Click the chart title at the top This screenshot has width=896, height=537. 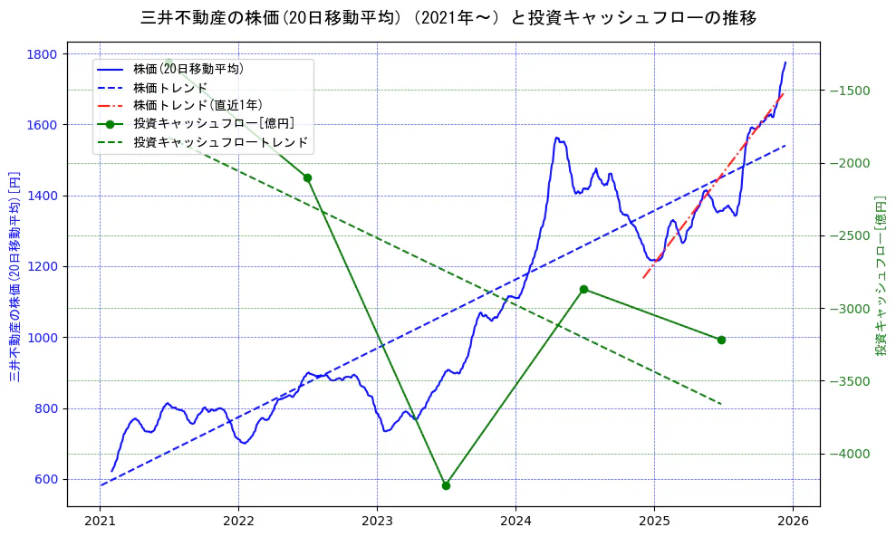tap(448, 17)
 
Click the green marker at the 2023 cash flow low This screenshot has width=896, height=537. tap(446, 485)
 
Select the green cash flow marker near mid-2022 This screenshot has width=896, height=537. tap(307, 177)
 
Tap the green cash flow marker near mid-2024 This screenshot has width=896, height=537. tap(583, 289)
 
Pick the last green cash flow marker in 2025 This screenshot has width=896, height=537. tap(721, 340)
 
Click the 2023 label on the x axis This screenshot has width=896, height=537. tap(377, 522)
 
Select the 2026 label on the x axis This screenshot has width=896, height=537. tap(793, 522)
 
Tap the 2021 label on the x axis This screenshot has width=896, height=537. tap(101, 522)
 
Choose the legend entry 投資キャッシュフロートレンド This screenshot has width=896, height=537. tap(220, 142)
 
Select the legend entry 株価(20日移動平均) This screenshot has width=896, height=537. tap(188, 68)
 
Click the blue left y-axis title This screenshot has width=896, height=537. tap(15, 276)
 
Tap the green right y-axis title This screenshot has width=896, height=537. tap(880, 276)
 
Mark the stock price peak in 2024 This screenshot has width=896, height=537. tap(556, 138)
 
